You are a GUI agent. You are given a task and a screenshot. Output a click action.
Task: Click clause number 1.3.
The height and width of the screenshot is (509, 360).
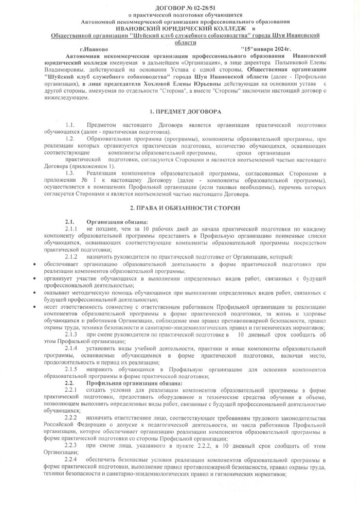(70, 173)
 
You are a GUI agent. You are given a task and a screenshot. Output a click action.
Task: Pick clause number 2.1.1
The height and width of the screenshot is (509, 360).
(71, 228)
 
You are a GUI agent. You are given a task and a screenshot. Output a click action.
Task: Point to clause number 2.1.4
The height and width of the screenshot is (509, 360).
(71, 348)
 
